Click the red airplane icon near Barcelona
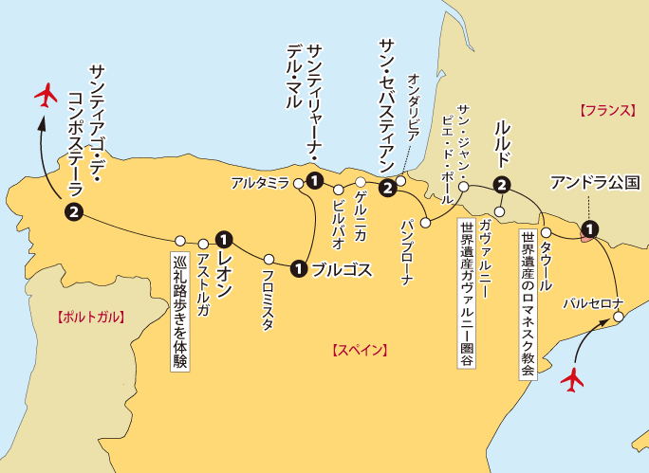(x=572, y=380)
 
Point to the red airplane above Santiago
(x=46, y=95)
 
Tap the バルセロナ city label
(x=592, y=304)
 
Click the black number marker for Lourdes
(x=502, y=186)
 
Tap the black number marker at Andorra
(x=589, y=227)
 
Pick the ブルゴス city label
(x=342, y=269)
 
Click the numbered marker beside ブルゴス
(x=300, y=269)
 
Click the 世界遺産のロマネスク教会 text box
(x=527, y=303)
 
